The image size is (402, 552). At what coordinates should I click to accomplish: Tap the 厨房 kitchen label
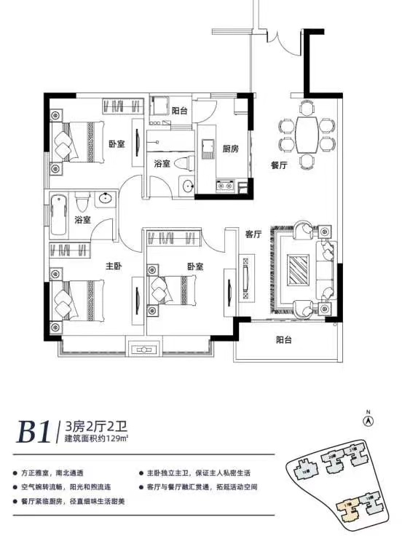pyautogui.click(x=231, y=149)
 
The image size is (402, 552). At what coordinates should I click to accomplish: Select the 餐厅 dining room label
pyautogui.click(x=279, y=166)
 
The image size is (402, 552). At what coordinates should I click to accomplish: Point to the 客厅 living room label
pyautogui.click(x=253, y=234)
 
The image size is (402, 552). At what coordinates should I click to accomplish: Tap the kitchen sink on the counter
pyautogui.click(x=206, y=138)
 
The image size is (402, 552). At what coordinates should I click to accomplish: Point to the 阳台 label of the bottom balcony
pyautogui.click(x=285, y=339)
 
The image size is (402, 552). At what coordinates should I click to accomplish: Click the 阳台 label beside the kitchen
pyautogui.click(x=180, y=111)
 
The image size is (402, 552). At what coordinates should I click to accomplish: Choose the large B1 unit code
pyautogui.click(x=34, y=432)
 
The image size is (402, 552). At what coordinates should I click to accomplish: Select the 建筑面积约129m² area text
pyautogui.click(x=97, y=439)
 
